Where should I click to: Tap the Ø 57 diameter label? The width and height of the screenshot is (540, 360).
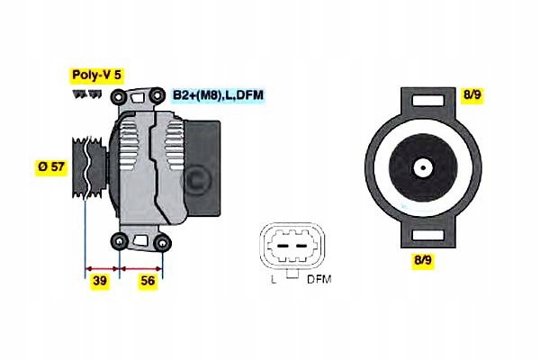point(50,166)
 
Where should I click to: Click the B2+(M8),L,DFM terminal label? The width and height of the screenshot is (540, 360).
point(219,94)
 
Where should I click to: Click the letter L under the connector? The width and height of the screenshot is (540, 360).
point(273,280)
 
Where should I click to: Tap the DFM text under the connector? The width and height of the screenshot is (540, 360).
point(319,280)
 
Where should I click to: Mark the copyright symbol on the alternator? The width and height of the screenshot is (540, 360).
point(196,181)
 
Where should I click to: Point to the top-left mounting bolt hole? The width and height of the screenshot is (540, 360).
point(119,96)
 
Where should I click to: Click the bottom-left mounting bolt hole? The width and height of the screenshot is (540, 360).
point(119,240)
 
